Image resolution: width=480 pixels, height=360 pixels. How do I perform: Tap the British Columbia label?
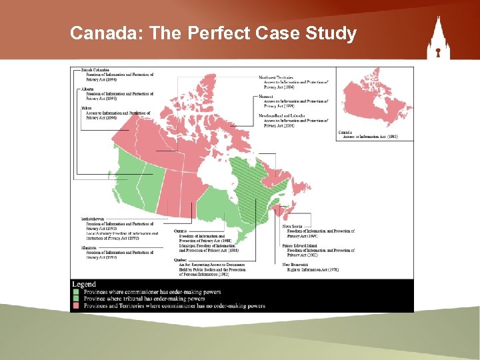pyautogui.click(x=95, y=69)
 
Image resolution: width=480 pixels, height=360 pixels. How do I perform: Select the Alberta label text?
pyautogui.click(x=87, y=89)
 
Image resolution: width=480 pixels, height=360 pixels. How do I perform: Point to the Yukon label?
pyautogui.click(x=87, y=107)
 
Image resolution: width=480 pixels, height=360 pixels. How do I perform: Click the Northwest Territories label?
pyautogui.click(x=275, y=77)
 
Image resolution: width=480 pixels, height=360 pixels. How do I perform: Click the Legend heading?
pyautogui.click(x=84, y=285)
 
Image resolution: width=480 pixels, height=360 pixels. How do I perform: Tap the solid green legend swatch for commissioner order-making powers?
pyautogui.click(x=75, y=292)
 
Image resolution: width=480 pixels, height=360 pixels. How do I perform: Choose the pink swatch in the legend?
pyautogui.click(x=75, y=306)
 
